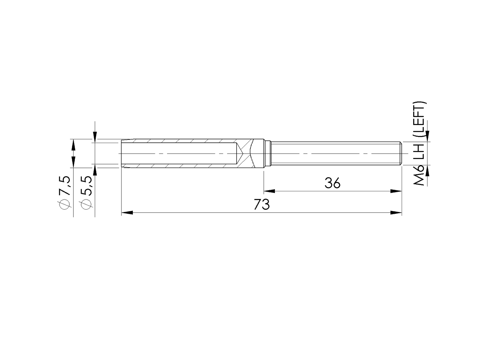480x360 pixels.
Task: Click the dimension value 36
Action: [332, 183]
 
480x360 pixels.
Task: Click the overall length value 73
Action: [262, 205]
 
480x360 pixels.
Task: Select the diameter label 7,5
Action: [65, 186]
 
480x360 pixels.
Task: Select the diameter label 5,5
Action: [86, 186]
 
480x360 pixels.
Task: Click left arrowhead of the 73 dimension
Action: [127, 213]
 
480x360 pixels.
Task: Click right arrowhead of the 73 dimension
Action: [396, 213]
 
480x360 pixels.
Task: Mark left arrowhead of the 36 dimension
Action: [269, 191]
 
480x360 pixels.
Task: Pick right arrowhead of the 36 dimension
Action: [396, 191]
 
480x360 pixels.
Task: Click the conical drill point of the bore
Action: [239, 154]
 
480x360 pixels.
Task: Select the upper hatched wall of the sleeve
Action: [183, 141]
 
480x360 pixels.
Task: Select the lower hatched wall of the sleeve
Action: [183, 166]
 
